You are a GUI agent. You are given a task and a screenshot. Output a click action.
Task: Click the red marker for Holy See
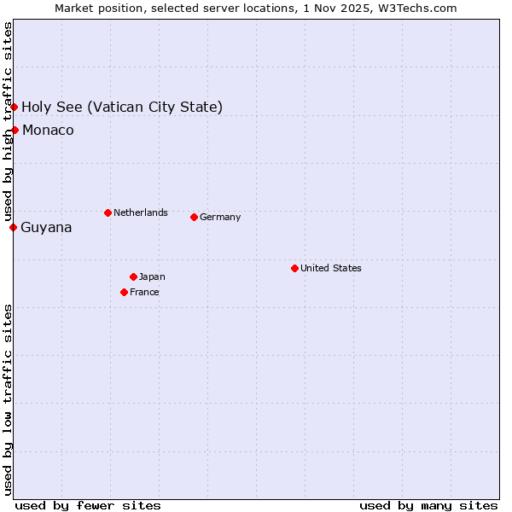click(15, 107)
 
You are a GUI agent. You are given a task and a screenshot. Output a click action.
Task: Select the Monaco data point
click(15, 130)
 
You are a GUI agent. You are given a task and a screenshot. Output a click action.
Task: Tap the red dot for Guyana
click(13, 227)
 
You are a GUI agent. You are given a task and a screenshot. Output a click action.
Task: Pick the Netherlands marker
click(108, 212)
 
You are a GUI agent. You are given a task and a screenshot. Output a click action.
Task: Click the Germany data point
click(194, 217)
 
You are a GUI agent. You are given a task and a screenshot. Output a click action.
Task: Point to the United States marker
click(294, 268)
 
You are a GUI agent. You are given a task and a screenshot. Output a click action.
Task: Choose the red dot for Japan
click(133, 276)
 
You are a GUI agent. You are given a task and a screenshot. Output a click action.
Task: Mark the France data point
click(124, 292)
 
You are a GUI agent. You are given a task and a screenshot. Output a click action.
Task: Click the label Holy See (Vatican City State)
click(122, 107)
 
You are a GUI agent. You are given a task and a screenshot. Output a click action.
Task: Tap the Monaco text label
click(48, 130)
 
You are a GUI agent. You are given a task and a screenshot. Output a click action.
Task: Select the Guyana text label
click(46, 227)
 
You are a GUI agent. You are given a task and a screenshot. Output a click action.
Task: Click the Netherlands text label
click(140, 212)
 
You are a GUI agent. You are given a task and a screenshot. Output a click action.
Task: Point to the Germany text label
click(220, 217)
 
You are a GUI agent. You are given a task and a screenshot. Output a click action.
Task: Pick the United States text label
click(330, 268)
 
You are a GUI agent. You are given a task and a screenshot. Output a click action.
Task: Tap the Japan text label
click(152, 276)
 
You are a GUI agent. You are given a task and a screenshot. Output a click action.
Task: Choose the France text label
click(144, 292)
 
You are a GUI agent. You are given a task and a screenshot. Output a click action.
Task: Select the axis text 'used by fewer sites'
click(88, 505)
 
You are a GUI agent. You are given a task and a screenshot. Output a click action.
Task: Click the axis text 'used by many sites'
click(428, 505)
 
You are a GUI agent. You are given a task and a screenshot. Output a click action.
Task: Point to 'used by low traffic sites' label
click(8, 399)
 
